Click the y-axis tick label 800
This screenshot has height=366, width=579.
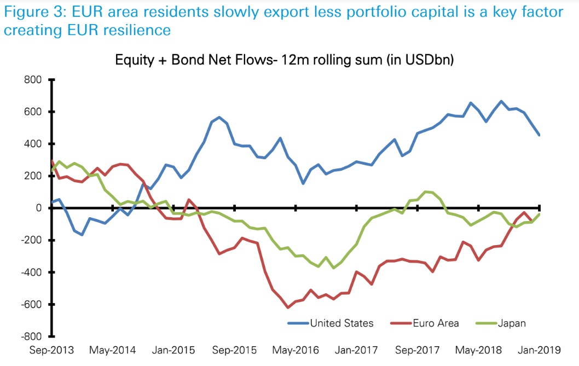point(33,80)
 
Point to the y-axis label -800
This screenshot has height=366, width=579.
point(31,336)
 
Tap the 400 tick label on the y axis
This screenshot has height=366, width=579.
point(33,144)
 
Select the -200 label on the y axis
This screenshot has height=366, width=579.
point(31,240)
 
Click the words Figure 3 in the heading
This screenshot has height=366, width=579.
point(31,12)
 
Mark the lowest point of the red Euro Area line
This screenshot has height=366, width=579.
point(288,307)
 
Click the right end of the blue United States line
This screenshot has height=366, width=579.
point(539,135)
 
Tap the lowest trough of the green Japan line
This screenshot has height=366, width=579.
point(333,268)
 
